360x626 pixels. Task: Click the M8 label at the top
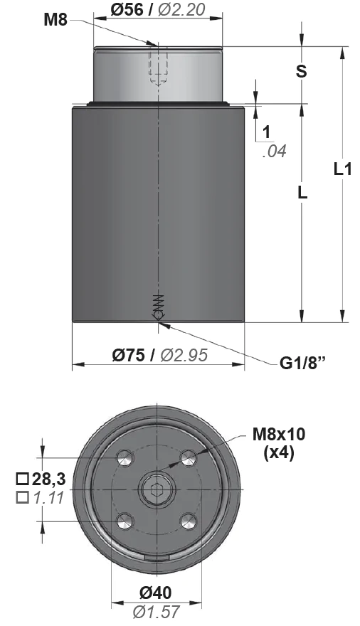coord(55,20)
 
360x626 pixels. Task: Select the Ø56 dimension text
coord(127,9)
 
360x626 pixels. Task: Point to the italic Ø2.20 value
coord(181,9)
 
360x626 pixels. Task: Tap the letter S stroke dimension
coord(302,70)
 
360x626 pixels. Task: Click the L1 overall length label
coord(342,169)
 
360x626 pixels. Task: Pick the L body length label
coord(302,193)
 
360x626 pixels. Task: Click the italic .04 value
coord(275,152)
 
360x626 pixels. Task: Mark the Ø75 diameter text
coord(128,355)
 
